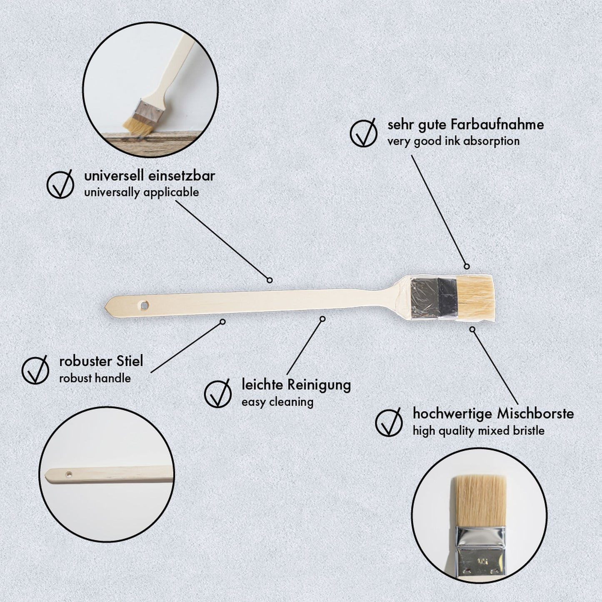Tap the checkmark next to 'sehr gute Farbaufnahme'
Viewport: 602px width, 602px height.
pyautogui.click(x=364, y=132)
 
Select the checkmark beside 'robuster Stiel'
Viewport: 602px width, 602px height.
pyautogui.click(x=35, y=369)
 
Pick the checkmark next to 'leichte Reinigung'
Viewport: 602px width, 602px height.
pyautogui.click(x=218, y=393)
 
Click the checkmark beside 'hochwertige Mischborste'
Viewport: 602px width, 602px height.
pyautogui.click(x=389, y=422)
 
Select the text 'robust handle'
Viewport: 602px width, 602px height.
pyautogui.click(x=95, y=378)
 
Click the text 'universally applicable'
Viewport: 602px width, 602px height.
pyautogui.click(x=141, y=192)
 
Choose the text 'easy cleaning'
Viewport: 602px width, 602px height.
pyautogui.click(x=277, y=402)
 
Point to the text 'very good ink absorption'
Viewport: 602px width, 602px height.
pyautogui.click(x=453, y=141)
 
